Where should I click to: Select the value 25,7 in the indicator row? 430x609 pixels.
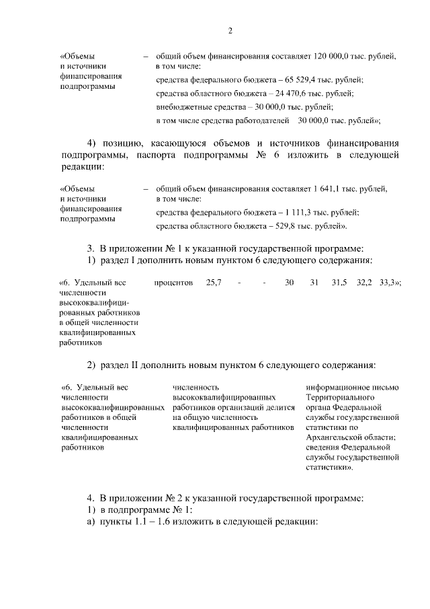pyautogui.click(x=214, y=283)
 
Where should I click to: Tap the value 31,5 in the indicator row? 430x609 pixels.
pyautogui.click(x=339, y=283)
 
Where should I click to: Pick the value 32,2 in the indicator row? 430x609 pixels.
pyautogui.click(x=364, y=283)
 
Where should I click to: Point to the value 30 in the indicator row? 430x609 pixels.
pyautogui.click(x=290, y=283)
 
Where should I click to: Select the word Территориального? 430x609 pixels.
pyautogui.click(x=337, y=397)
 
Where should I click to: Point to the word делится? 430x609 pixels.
pyautogui.click(x=282, y=407)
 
